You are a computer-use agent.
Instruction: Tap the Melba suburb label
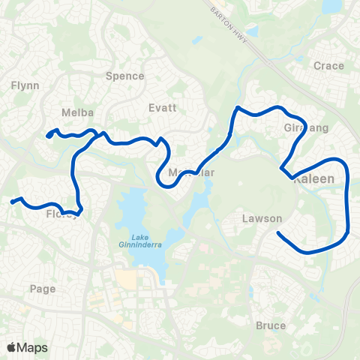tap(78, 112)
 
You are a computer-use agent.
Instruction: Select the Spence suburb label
tap(124, 76)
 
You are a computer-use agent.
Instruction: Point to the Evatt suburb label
tap(163, 107)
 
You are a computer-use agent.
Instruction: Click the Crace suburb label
tap(329, 66)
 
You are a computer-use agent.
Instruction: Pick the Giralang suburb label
tap(307, 129)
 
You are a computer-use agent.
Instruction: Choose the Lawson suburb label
tap(262, 219)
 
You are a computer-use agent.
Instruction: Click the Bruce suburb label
tap(270, 325)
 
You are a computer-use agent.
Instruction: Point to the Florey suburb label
tap(60, 214)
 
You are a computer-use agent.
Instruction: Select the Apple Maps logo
tap(27, 347)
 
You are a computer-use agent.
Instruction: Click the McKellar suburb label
tap(192, 172)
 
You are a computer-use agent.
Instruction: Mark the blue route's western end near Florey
tap(11, 202)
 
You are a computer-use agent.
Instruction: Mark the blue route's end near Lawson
tap(278, 232)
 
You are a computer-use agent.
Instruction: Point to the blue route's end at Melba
tap(47, 136)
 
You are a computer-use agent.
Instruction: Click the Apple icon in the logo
tap(11, 346)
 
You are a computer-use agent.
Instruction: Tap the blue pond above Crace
tap(331, 6)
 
